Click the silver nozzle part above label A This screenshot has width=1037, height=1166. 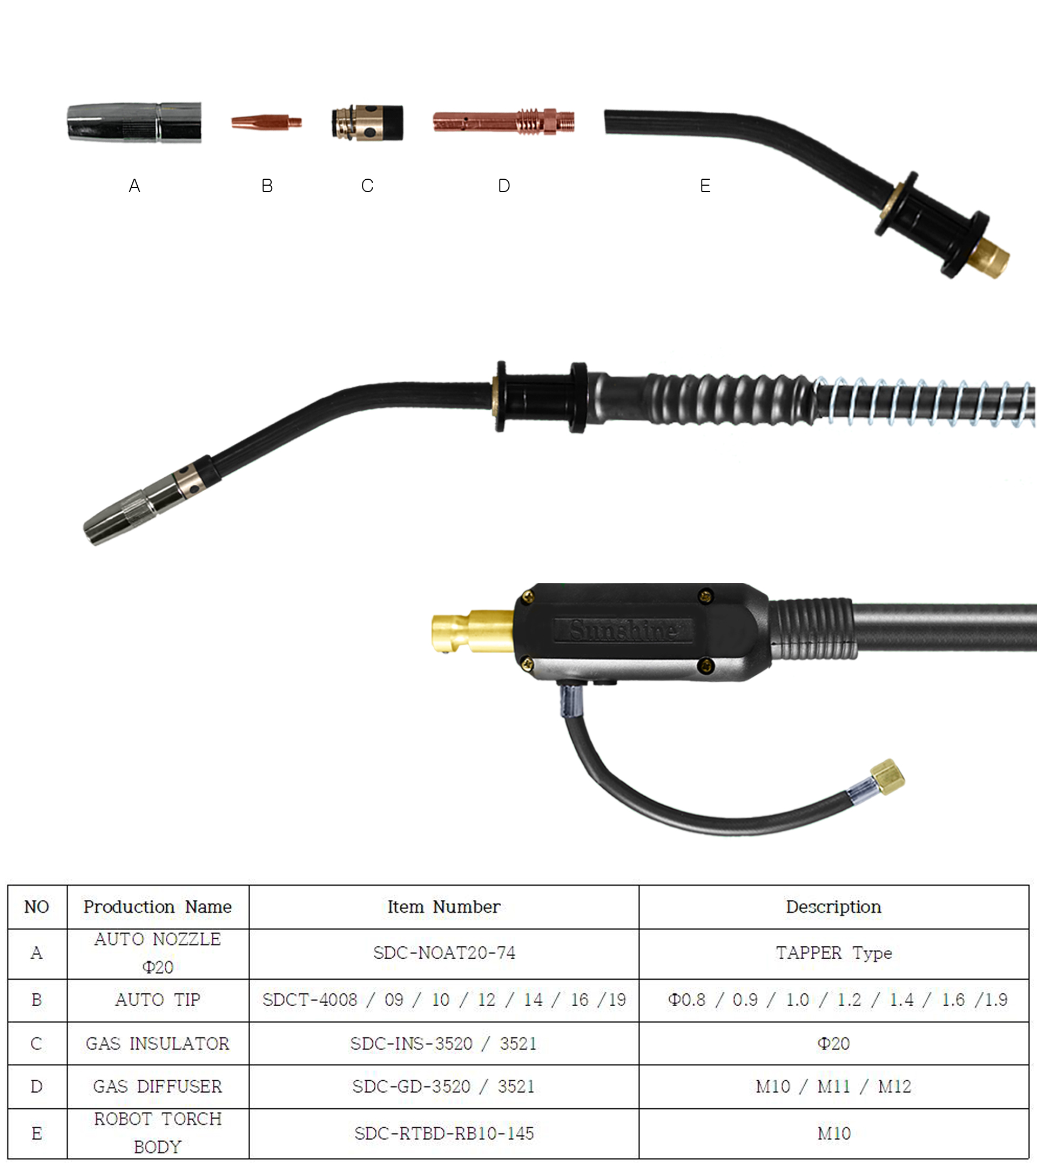click(134, 122)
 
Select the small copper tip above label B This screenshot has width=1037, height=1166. click(265, 122)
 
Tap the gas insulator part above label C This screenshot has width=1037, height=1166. click(368, 122)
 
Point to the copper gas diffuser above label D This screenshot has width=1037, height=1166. click(503, 122)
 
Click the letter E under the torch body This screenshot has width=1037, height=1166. click(705, 186)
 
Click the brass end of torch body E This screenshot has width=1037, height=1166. click(992, 258)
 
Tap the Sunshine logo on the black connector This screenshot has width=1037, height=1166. click(623, 631)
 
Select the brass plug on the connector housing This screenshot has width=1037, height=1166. click(472, 631)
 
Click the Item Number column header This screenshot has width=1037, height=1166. click(443, 907)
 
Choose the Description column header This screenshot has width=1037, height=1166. click(833, 907)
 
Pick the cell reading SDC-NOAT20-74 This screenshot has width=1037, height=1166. click(443, 953)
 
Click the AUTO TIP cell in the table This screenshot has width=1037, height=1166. click(158, 1000)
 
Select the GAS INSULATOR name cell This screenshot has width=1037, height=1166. click(158, 1043)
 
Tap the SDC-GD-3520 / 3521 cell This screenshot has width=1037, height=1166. click(443, 1086)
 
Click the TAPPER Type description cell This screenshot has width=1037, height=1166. click(833, 953)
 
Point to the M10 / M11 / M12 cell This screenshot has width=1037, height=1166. click(833, 1086)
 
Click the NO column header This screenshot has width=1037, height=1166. click(37, 907)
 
